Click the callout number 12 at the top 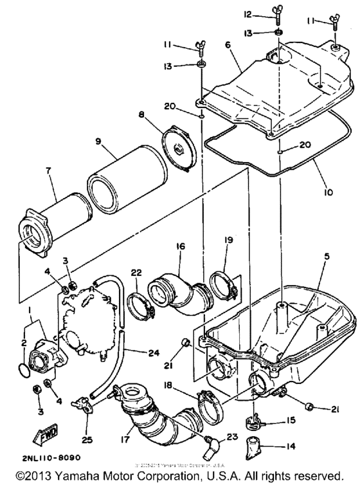[x=248, y=15]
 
